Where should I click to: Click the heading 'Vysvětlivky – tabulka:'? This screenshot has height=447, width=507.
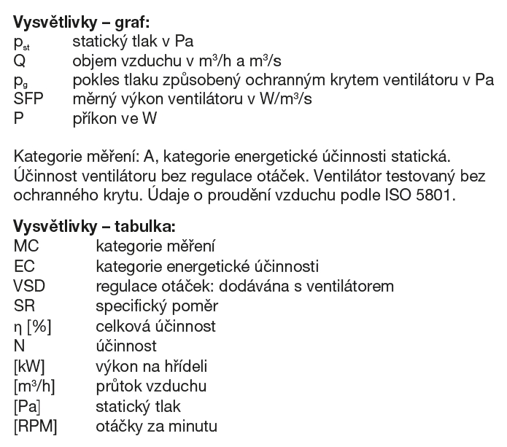pos(90,226)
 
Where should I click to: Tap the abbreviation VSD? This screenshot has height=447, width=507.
pos(28,287)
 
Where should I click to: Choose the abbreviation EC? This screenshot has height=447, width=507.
pos(23,266)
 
